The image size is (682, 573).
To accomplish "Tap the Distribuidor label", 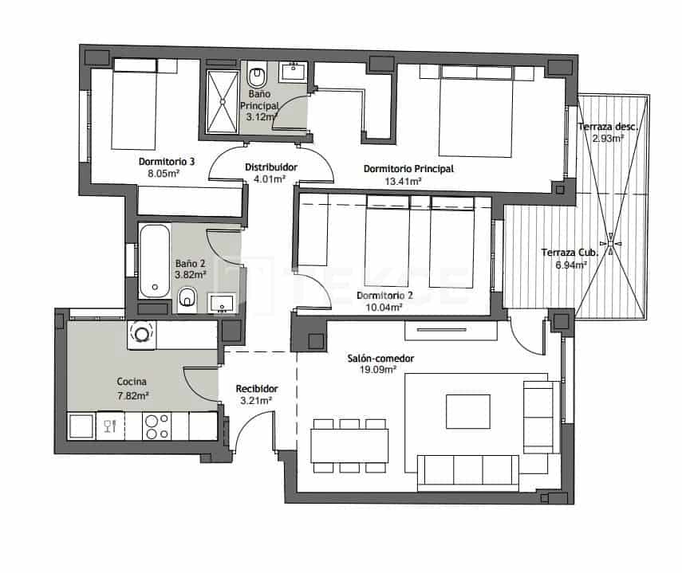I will click(270, 167).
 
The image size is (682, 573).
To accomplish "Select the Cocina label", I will click(132, 381).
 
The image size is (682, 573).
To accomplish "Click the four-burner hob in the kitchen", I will click(154, 426).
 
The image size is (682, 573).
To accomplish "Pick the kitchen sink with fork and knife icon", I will click(106, 426).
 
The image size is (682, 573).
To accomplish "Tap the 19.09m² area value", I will click(380, 370).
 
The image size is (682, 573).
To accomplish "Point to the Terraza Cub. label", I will click(569, 253).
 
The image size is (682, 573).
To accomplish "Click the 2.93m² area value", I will click(608, 138).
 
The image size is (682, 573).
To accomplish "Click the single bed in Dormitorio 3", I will click(134, 104).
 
